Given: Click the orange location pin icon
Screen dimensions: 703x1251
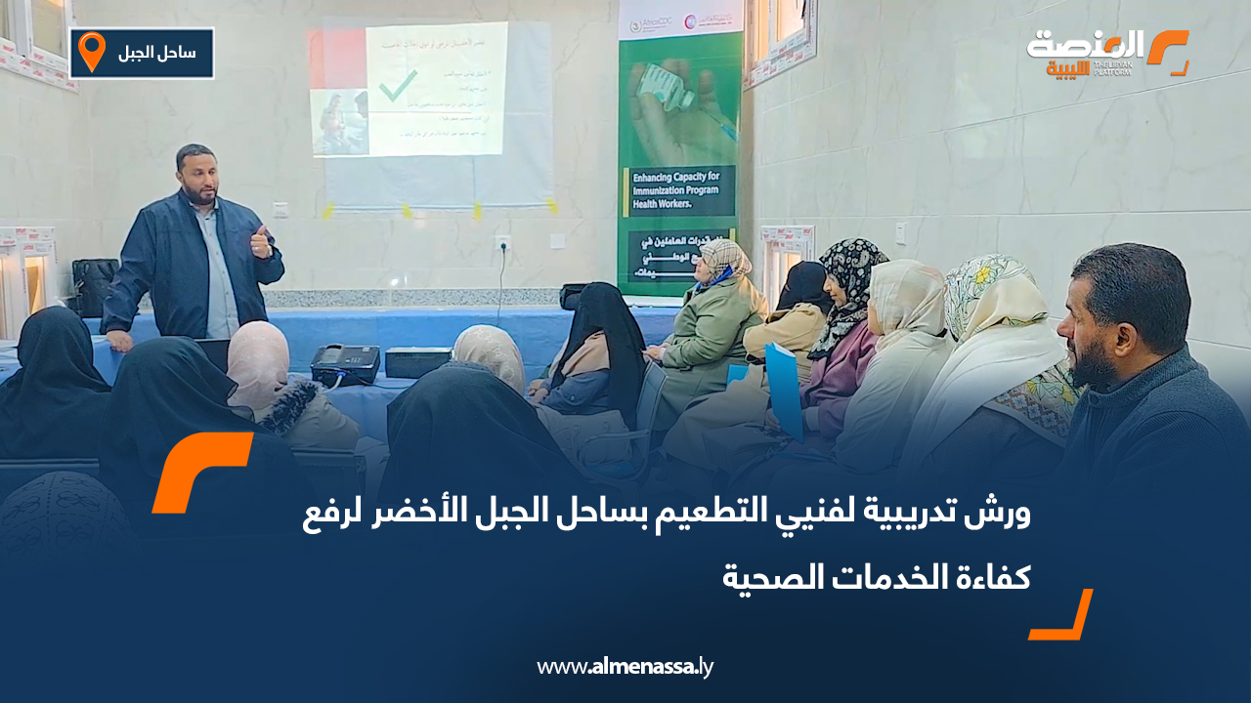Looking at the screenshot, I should pos(91,52).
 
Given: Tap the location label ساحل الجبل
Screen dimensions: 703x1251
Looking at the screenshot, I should pos(156,53).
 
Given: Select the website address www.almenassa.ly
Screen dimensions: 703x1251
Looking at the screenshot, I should pos(625,668).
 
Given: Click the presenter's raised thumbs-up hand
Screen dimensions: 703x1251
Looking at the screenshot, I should pos(261,241).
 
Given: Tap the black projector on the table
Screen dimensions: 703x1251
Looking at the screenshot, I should pos(344,364).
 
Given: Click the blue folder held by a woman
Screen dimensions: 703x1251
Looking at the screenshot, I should pos(783,386).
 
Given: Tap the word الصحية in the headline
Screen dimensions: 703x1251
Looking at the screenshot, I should pos(772,577).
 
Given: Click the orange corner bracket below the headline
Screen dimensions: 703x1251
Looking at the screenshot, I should pos(1062,616).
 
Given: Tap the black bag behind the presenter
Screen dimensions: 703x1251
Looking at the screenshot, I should pos(95,285).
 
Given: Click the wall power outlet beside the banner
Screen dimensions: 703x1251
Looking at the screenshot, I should pos(503,241).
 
